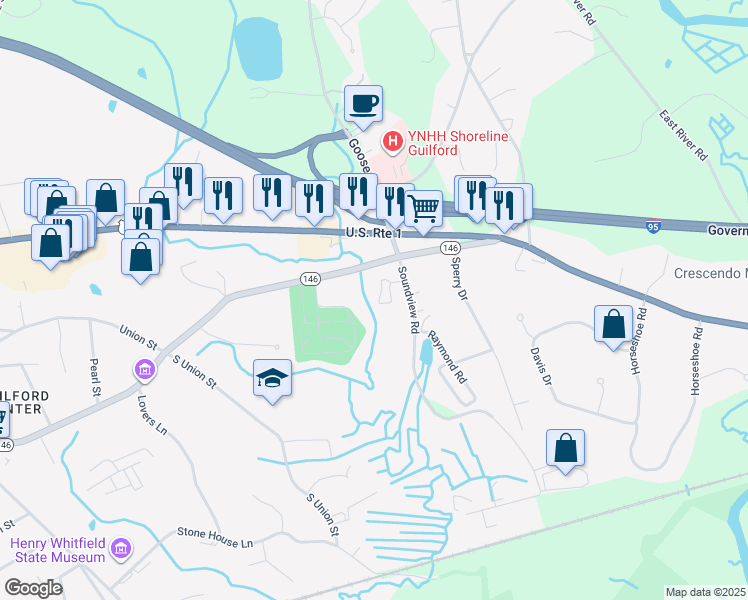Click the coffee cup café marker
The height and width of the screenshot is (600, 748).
(363, 103)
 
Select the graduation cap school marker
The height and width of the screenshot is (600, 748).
(273, 379)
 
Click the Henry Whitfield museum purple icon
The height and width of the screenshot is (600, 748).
(122, 548)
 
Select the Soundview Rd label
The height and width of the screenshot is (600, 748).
(408, 300)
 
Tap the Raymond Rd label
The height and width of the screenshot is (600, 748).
(447, 358)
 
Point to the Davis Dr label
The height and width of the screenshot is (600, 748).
(541, 364)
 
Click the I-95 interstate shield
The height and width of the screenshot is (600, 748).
(652, 226)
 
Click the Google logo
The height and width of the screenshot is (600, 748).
(33, 588)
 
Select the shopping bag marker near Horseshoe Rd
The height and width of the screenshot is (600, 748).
(612, 325)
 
